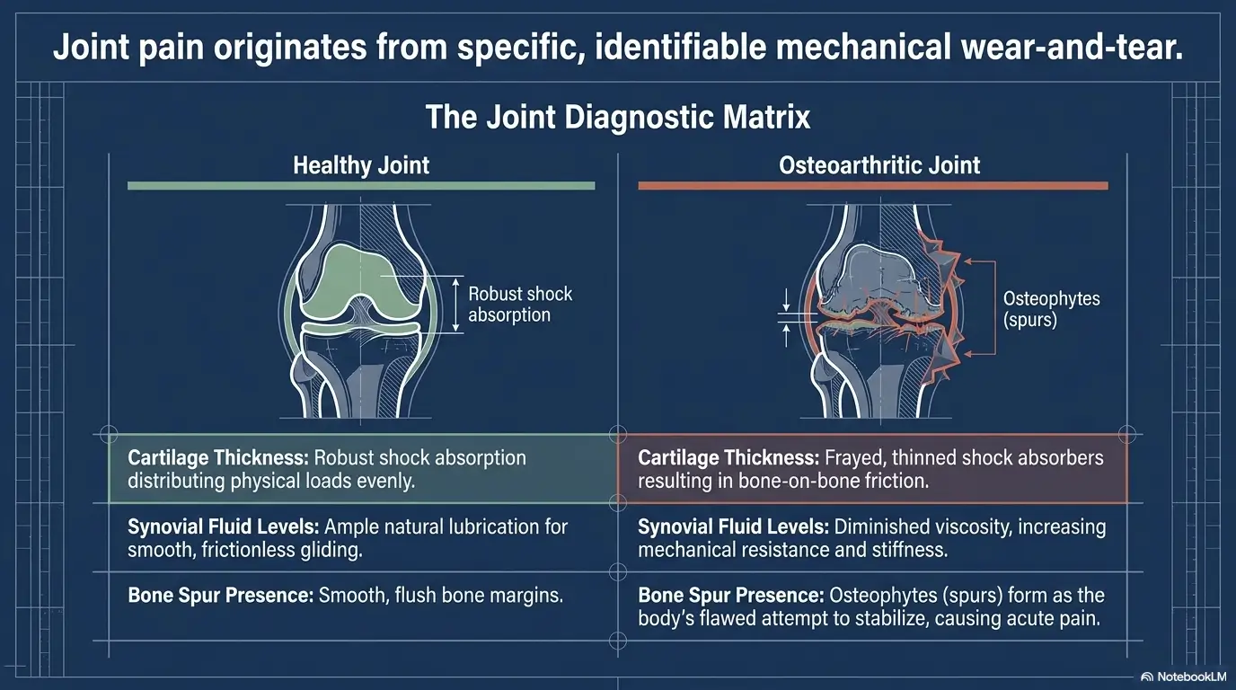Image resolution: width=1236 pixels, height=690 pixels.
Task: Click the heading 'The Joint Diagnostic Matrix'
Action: [618, 118]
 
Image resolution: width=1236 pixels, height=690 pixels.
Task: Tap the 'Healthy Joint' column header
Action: [361, 165]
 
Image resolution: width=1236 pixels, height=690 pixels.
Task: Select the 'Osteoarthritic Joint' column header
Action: [880, 165]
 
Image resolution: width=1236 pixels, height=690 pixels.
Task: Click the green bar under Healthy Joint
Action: [361, 186]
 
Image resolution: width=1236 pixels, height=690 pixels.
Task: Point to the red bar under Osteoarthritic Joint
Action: [872, 186]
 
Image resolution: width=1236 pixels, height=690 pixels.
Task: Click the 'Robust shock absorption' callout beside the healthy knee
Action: [519, 305]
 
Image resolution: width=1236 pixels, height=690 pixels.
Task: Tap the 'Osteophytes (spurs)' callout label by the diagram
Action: [1038, 308]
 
